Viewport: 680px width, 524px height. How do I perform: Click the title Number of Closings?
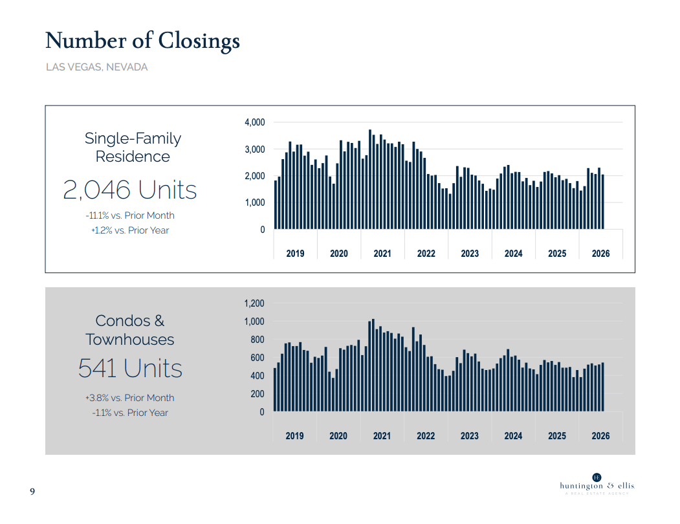point(142,41)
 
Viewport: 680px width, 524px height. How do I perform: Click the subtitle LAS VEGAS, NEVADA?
point(96,67)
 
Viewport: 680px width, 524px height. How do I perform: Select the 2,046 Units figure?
point(129,190)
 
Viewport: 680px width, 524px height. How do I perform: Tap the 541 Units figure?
point(130,368)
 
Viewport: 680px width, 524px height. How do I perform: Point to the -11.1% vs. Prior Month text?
point(130,215)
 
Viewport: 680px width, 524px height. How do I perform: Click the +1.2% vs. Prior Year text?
point(130,230)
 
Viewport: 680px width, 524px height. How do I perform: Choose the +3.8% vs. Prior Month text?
point(130,398)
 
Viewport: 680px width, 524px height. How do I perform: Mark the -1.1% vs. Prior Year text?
point(130,413)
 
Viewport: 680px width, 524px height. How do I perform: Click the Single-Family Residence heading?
point(133,147)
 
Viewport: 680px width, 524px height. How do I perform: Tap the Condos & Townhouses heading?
point(129,330)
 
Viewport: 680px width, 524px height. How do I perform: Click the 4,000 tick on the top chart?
point(255,122)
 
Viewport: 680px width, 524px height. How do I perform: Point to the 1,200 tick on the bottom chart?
point(254,303)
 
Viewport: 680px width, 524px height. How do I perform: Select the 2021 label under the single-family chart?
point(382,254)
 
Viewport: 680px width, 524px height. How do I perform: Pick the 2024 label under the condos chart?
point(513,436)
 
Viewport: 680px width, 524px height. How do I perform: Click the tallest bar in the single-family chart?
point(370,179)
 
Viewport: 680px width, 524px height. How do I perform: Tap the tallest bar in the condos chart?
point(373,366)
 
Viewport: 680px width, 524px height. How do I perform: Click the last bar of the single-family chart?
point(603,202)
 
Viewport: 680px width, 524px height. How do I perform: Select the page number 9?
point(32,492)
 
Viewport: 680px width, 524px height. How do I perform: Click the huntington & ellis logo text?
point(597,486)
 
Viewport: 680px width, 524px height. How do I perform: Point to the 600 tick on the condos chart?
point(258,358)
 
